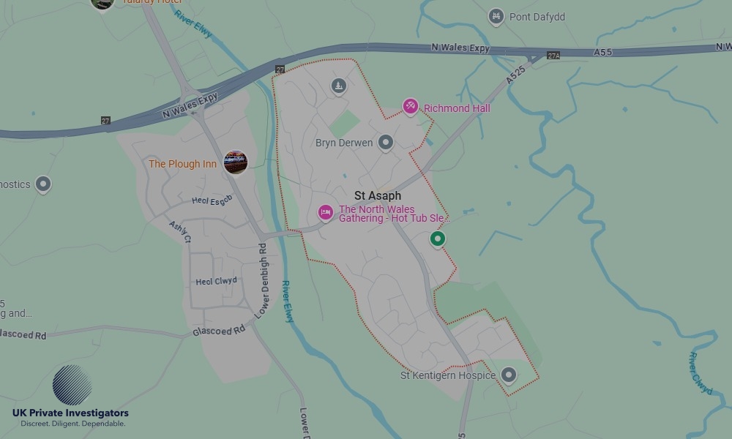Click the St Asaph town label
(378, 196)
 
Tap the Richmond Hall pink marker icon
(411, 107)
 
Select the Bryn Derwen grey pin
(386, 143)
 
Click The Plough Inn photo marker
(235, 162)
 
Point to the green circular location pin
(438, 239)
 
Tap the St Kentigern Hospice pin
(509, 375)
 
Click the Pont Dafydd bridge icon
(496, 16)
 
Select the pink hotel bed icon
(326, 213)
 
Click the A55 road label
(603, 53)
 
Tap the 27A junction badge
(553, 56)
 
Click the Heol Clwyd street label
(216, 282)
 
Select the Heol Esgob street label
(212, 200)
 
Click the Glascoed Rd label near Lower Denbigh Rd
(219, 331)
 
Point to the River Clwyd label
(700, 373)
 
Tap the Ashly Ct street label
(180, 233)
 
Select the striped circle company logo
(72, 386)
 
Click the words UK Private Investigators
(70, 413)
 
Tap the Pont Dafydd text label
(537, 17)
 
